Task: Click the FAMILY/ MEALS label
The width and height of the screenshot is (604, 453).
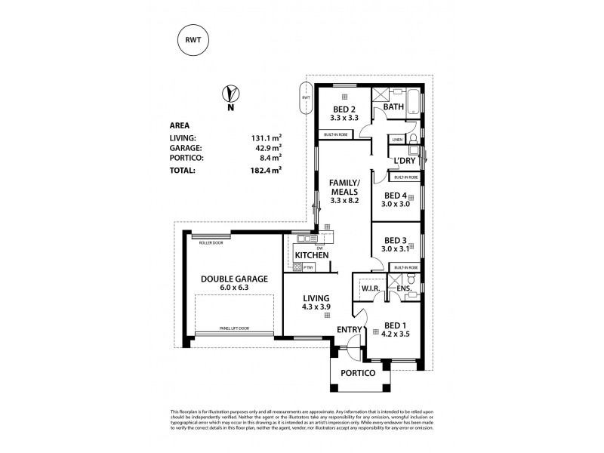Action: coord(345,188)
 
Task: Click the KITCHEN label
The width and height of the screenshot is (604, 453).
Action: coord(311,256)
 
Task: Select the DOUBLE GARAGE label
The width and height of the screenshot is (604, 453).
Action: coord(233,279)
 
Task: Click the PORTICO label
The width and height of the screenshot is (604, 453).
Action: coord(357,373)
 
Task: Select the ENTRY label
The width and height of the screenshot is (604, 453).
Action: coord(350,329)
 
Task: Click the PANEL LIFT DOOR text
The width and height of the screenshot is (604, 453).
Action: coord(235,328)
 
